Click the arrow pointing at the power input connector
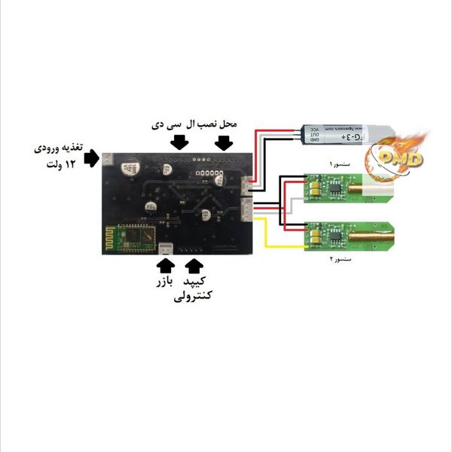[x=92, y=158]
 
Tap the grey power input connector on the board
[x=108, y=160]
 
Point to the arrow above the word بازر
[x=166, y=265]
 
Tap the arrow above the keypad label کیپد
[x=194, y=265]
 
